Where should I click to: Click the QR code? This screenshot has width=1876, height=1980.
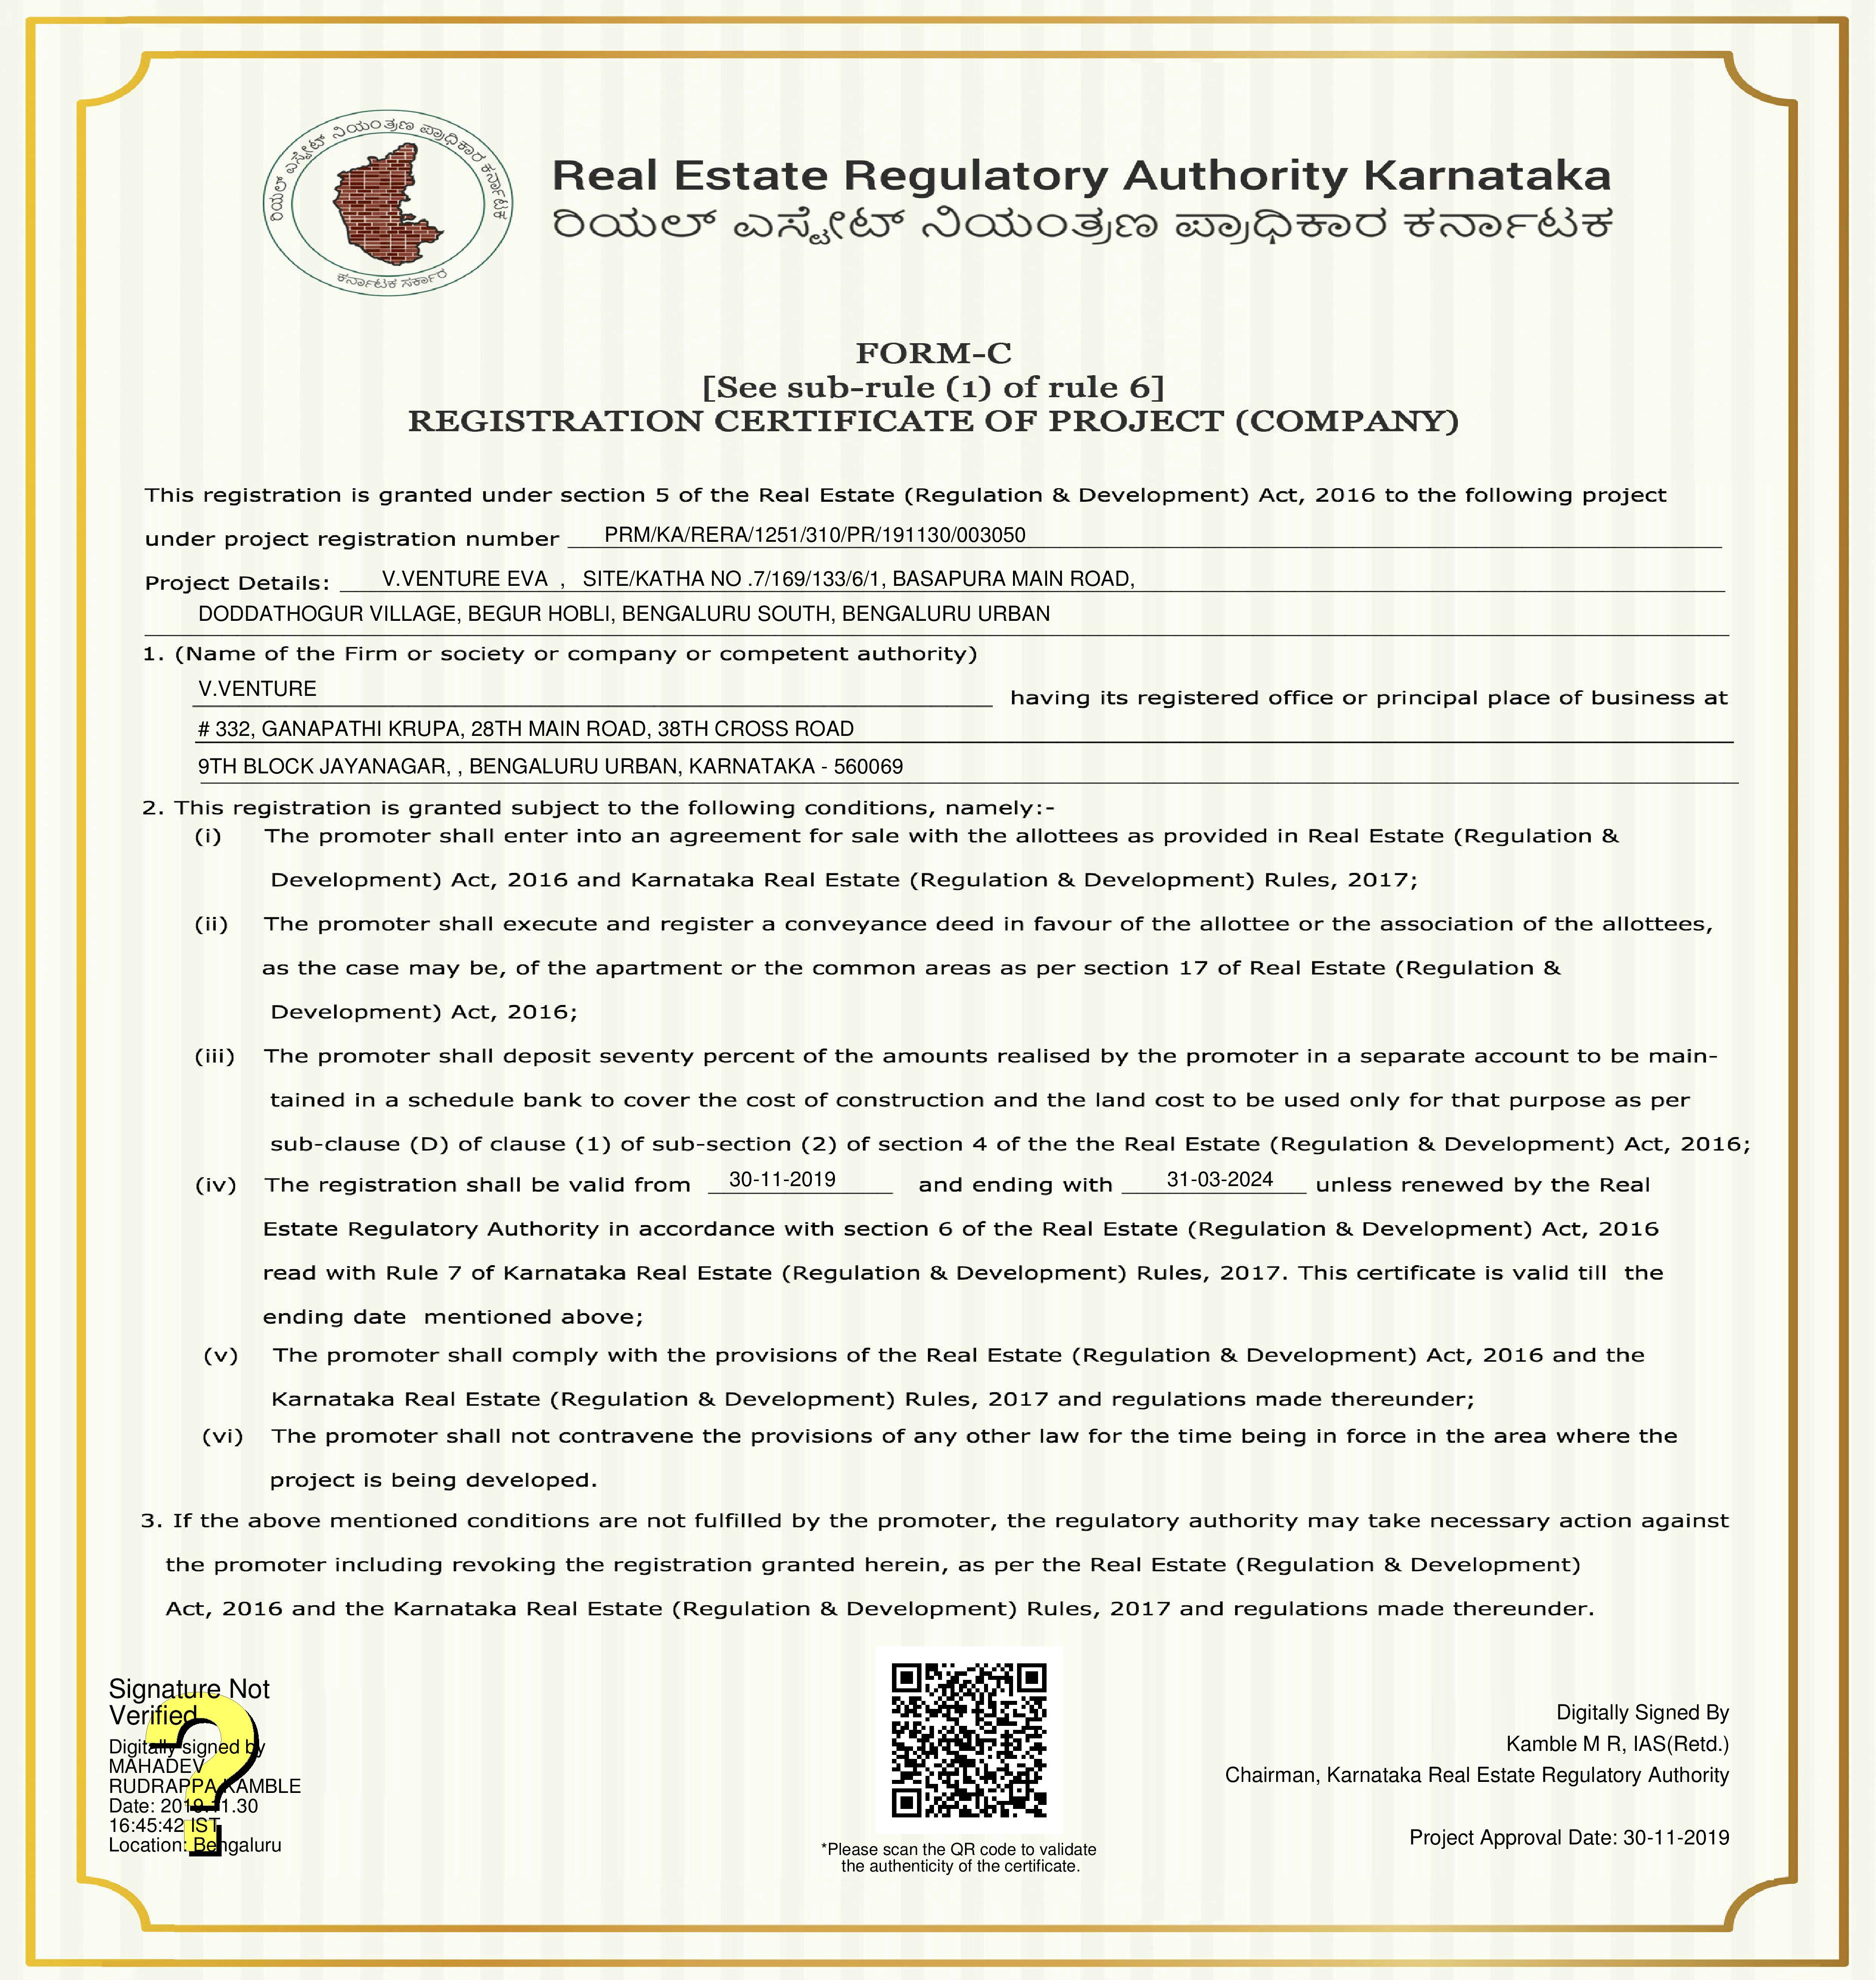click(968, 1740)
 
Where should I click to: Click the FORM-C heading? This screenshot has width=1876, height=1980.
click(933, 353)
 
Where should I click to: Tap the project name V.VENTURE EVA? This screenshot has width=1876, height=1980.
click(465, 579)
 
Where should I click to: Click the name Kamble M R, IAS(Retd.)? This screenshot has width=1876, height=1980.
click(1617, 1744)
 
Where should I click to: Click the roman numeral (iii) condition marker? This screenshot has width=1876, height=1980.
click(214, 1056)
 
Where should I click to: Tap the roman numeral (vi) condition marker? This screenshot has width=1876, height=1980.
click(222, 1436)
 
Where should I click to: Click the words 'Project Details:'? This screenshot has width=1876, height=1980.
click(237, 583)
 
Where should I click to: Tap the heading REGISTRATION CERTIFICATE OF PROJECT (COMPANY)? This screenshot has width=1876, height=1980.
click(933, 421)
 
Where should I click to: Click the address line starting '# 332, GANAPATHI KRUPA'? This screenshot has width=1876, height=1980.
click(525, 729)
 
